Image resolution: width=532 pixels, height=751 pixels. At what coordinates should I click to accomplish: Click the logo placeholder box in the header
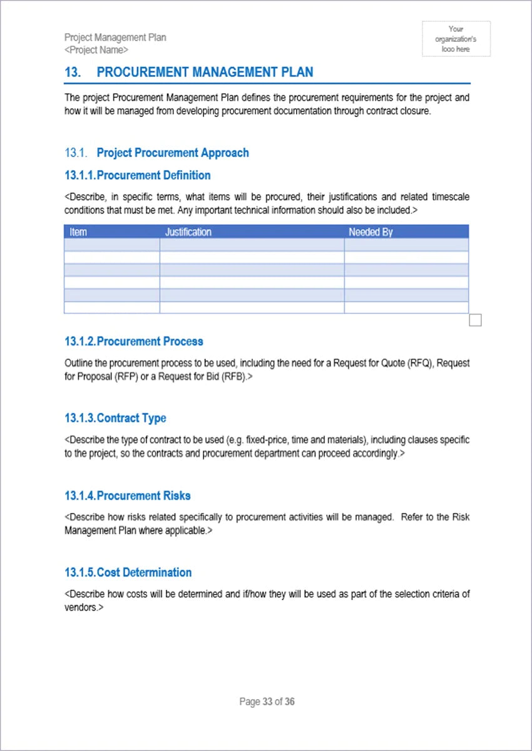pyautogui.click(x=456, y=39)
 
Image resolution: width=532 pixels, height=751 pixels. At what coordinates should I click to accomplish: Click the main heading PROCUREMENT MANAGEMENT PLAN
pyautogui.click(x=205, y=73)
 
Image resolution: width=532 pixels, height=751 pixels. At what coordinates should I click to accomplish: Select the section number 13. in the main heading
pyautogui.click(x=73, y=73)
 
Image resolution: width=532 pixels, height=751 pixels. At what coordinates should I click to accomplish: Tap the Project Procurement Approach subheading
pyautogui.click(x=173, y=153)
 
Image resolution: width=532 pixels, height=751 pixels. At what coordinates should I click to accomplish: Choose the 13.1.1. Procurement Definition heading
pyautogui.click(x=138, y=175)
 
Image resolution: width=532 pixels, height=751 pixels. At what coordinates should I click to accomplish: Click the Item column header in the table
pyautogui.click(x=78, y=232)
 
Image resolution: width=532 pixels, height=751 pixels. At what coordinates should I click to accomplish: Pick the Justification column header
pyautogui.click(x=188, y=232)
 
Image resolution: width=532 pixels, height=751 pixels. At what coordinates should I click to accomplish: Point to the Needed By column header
pyautogui.click(x=371, y=232)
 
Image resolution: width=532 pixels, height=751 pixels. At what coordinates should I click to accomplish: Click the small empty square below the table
pyautogui.click(x=475, y=320)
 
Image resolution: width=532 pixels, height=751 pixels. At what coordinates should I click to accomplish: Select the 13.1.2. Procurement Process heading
pyautogui.click(x=134, y=342)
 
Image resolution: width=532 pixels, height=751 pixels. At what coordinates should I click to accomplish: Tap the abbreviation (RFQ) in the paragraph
pyautogui.click(x=420, y=363)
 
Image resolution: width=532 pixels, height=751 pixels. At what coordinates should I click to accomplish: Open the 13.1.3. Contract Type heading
pyautogui.click(x=115, y=418)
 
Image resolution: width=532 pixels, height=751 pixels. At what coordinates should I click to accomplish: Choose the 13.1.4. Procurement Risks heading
pyautogui.click(x=128, y=496)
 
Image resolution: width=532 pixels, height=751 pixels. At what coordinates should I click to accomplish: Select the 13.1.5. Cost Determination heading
pyautogui.click(x=128, y=573)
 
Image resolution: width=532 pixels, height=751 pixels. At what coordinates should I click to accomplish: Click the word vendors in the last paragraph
pyautogui.click(x=80, y=608)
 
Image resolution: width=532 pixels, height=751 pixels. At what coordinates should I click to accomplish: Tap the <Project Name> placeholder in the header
pyautogui.click(x=96, y=49)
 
